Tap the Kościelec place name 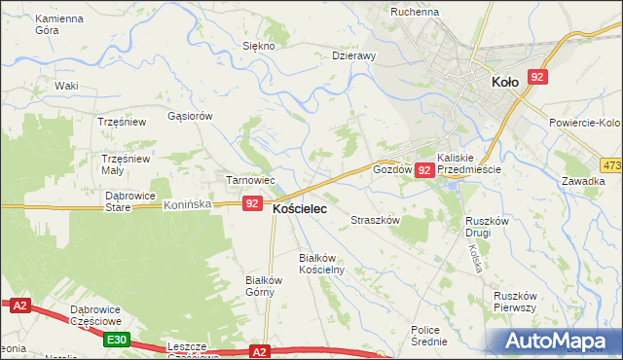299,208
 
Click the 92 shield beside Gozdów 423,170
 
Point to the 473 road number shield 611,165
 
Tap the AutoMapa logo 559,342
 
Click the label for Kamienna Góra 59,25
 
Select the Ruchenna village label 416,12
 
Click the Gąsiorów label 190,115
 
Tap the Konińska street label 188,205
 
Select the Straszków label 376,221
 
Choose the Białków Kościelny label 321,263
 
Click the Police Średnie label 429,336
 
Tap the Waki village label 66,86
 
